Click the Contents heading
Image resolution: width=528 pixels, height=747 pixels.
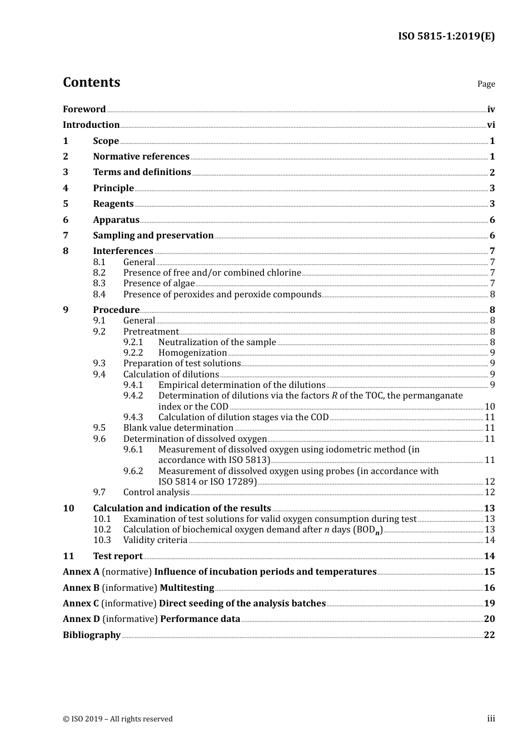pos(91,82)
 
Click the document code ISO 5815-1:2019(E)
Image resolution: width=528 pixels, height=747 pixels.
pos(446,37)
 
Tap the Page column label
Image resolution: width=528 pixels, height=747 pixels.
pos(486,84)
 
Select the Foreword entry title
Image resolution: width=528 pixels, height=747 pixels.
pos(84,109)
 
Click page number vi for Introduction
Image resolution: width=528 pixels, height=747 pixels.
pos(491,125)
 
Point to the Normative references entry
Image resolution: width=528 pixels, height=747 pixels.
pos(141,157)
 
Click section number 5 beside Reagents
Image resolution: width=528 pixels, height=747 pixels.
pos(66,204)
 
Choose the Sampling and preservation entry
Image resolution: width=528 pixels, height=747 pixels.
pos(153,236)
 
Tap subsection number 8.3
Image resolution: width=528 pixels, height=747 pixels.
pos(99,283)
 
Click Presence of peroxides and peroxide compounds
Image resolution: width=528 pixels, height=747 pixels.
pos(222,295)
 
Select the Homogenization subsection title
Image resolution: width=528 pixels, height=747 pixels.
pos(192,353)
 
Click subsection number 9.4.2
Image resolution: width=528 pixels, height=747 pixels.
pos(133,396)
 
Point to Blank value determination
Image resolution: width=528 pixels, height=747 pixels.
pos(178,428)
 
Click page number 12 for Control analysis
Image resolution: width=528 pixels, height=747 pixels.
pos(490,492)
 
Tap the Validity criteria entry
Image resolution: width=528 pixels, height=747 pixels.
pos(155,540)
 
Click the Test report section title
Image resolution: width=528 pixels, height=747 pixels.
pos(117,556)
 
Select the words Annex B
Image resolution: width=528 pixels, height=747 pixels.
pos(81,588)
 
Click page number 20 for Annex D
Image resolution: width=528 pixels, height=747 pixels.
pos(489,619)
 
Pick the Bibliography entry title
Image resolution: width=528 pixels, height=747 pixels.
pos(92,635)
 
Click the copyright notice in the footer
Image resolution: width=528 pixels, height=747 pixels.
pos(118,719)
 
